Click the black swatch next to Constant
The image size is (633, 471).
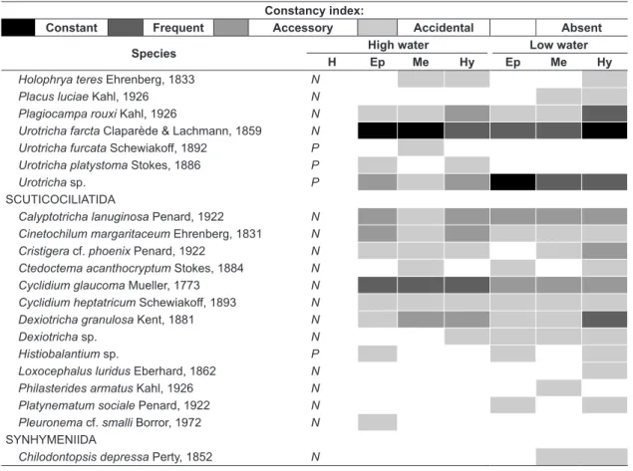point(18,28)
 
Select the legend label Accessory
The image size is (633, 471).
point(303,28)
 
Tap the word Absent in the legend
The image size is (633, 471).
point(581,28)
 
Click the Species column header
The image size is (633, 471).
point(154,54)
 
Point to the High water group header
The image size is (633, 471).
point(398,45)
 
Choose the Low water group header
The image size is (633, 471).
point(558,45)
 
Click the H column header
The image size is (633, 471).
point(332,62)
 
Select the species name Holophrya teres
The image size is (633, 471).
point(61,80)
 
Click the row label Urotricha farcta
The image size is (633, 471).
point(60,131)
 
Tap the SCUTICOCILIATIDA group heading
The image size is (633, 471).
point(61,199)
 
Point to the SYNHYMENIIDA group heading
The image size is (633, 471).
point(51,439)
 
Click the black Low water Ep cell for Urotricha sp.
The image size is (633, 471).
point(512,182)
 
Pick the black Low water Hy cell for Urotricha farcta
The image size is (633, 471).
point(604,130)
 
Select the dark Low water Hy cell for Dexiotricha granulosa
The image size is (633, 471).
point(604,320)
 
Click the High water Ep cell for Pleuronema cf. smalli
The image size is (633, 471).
point(378,422)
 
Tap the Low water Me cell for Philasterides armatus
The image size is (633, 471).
point(558,388)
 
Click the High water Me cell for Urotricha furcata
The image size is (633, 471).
point(421,148)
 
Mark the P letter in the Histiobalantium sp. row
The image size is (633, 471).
point(315,354)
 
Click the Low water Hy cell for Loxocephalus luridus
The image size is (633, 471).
point(604,370)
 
